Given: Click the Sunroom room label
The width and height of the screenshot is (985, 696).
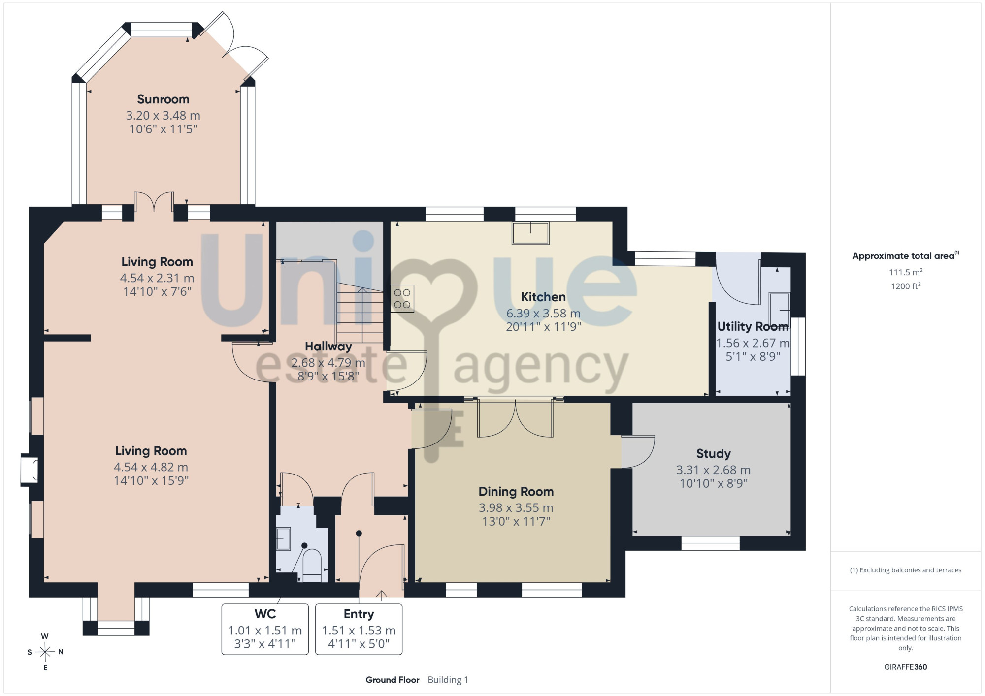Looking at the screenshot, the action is (x=163, y=99).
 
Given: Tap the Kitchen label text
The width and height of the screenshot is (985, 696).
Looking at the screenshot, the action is (x=543, y=297).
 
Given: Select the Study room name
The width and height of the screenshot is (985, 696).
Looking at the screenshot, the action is (x=713, y=454).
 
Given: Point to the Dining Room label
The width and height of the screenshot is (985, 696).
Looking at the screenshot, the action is (x=516, y=492).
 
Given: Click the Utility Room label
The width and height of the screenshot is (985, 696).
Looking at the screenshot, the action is (x=753, y=326).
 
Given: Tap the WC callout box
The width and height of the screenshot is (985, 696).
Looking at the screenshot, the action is (x=265, y=629).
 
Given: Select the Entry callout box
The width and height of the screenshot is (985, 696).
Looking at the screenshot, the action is (x=359, y=629).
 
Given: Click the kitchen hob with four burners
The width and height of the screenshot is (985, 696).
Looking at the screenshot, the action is (x=402, y=298).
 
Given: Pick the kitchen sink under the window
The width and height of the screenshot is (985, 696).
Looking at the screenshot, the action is (x=530, y=233).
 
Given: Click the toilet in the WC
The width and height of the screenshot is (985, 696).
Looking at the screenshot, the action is (x=311, y=565).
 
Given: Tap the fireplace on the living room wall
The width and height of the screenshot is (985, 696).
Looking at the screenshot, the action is (x=29, y=470).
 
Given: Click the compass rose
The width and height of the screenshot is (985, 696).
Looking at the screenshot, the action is (x=45, y=652).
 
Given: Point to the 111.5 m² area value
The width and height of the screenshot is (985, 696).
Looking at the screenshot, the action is (x=905, y=272).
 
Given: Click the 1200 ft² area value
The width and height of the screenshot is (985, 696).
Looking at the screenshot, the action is (x=905, y=286).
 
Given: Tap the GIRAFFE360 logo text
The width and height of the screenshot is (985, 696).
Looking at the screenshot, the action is (x=905, y=667).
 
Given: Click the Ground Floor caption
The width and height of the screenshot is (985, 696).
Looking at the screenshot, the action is (x=393, y=680).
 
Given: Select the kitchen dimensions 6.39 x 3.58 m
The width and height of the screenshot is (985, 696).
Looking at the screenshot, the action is (x=543, y=314).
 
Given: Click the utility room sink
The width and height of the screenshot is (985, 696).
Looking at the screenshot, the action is (x=779, y=311).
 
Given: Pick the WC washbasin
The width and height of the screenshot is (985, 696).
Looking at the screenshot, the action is (x=283, y=538).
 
